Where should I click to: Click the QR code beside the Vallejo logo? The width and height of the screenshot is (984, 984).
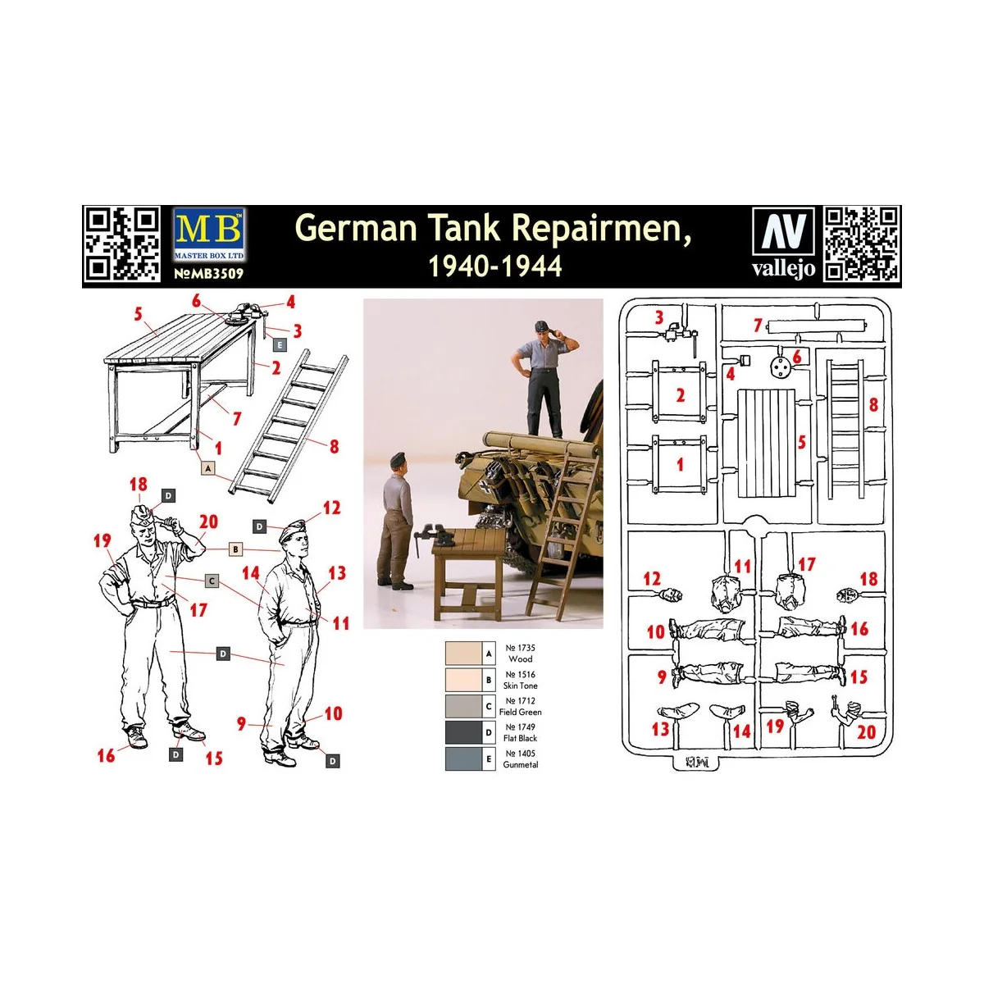click(862, 244)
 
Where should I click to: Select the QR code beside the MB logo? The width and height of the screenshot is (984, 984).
click(123, 244)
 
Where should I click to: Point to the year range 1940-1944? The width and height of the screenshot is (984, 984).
click(495, 266)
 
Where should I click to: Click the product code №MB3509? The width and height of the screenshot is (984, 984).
click(209, 274)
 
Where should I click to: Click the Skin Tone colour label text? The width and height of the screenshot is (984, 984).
click(520, 686)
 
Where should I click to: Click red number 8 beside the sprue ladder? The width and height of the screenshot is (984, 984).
click(873, 404)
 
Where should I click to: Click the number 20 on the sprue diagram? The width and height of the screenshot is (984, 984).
click(866, 731)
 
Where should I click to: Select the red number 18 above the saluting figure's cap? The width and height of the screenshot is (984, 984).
click(138, 485)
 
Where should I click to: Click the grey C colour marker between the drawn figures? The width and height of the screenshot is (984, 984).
click(212, 581)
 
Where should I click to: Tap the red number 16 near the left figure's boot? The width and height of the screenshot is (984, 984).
click(106, 755)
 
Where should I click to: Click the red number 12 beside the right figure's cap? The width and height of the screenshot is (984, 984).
click(331, 508)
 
